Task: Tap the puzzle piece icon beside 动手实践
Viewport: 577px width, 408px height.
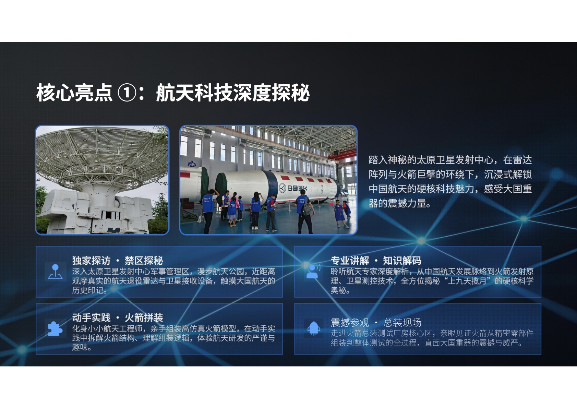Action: tap(55, 329)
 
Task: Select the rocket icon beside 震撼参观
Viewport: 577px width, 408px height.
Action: tap(314, 328)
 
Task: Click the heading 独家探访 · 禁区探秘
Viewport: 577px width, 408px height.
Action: tap(118, 261)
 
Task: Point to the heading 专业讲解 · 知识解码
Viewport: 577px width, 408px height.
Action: tap(376, 261)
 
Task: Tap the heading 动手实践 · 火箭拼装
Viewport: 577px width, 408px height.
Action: tap(118, 317)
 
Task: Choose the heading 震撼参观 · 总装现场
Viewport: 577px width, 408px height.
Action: tap(376, 323)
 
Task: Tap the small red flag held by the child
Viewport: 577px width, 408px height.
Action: tap(332, 204)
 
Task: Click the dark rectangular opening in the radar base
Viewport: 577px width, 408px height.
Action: tap(109, 215)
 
